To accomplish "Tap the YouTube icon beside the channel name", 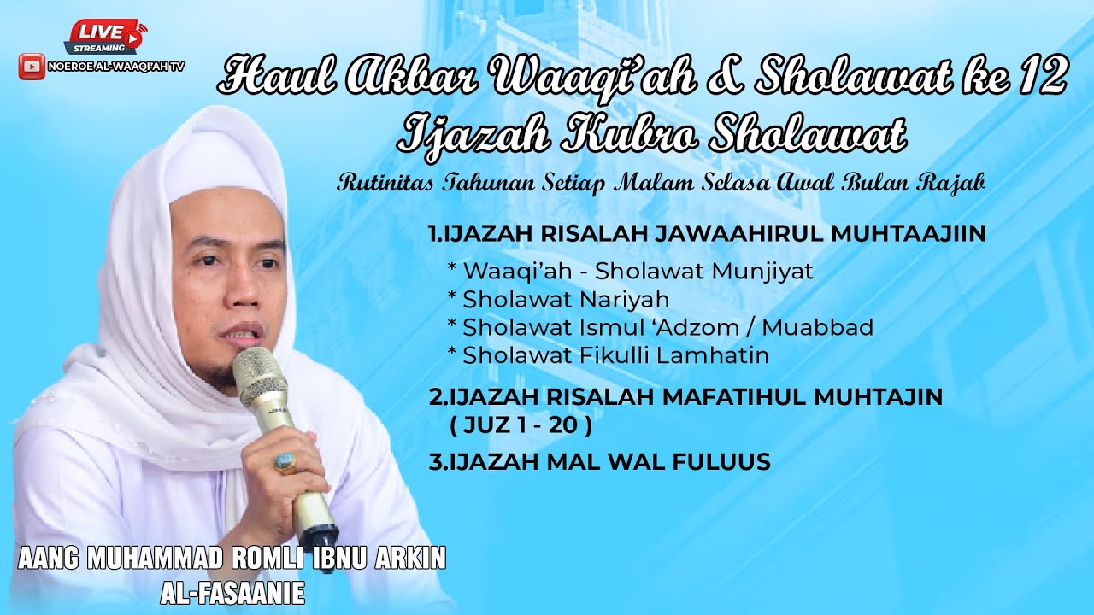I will point(32,66).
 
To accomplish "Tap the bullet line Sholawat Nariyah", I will point(565,299).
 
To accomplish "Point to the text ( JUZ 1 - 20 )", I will point(521,425).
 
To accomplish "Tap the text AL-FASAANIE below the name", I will point(232,593).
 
